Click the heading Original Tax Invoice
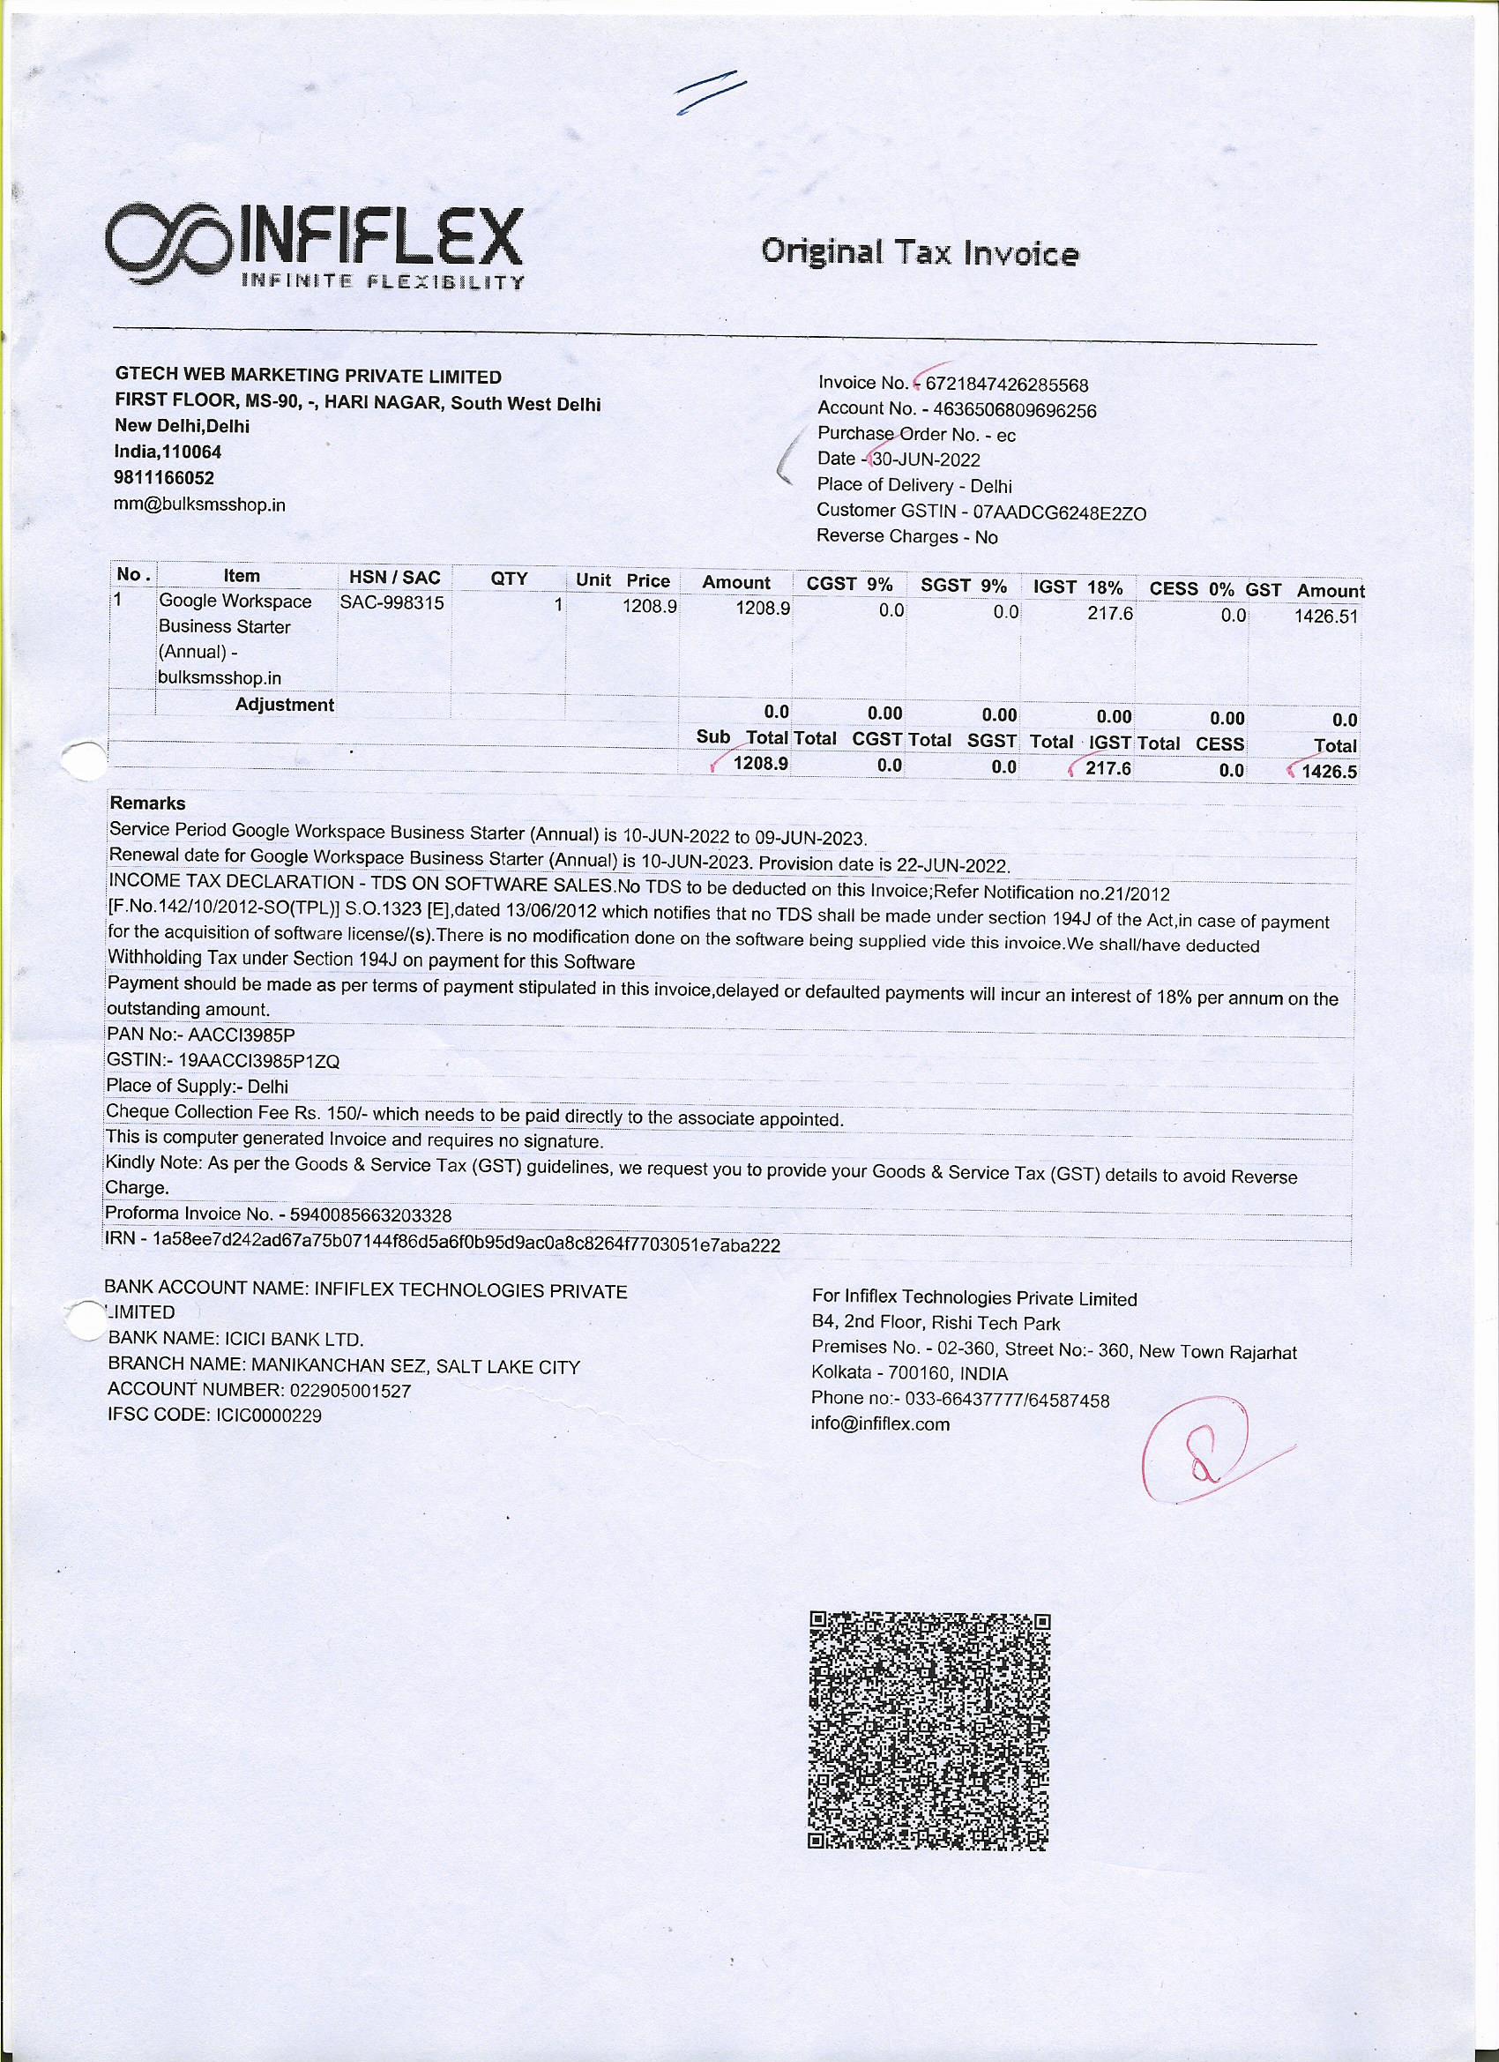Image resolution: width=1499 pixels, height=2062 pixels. tap(919, 251)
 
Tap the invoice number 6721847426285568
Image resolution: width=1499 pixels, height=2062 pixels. tap(1006, 385)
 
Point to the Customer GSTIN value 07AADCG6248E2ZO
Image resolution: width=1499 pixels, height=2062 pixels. tap(1059, 512)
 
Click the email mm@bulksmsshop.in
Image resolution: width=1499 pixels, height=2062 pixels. tap(200, 504)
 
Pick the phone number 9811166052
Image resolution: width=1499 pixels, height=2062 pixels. tap(165, 477)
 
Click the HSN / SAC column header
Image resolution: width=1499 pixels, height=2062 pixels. tap(394, 577)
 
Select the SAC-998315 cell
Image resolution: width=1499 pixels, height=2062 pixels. tap(392, 601)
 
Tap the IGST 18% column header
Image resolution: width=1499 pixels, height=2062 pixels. tap(1078, 586)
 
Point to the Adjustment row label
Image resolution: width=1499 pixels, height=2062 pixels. tap(285, 705)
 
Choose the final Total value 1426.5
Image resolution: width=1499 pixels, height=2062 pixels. tap(1329, 772)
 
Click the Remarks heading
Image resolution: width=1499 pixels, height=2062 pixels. tap(147, 803)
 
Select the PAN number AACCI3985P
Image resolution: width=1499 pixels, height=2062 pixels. tap(242, 1035)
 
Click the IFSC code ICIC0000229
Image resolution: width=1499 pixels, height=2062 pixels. tap(265, 1416)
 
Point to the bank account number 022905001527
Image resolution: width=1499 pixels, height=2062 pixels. tap(350, 1390)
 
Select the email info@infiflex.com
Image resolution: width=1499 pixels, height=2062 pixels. tap(879, 1424)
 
